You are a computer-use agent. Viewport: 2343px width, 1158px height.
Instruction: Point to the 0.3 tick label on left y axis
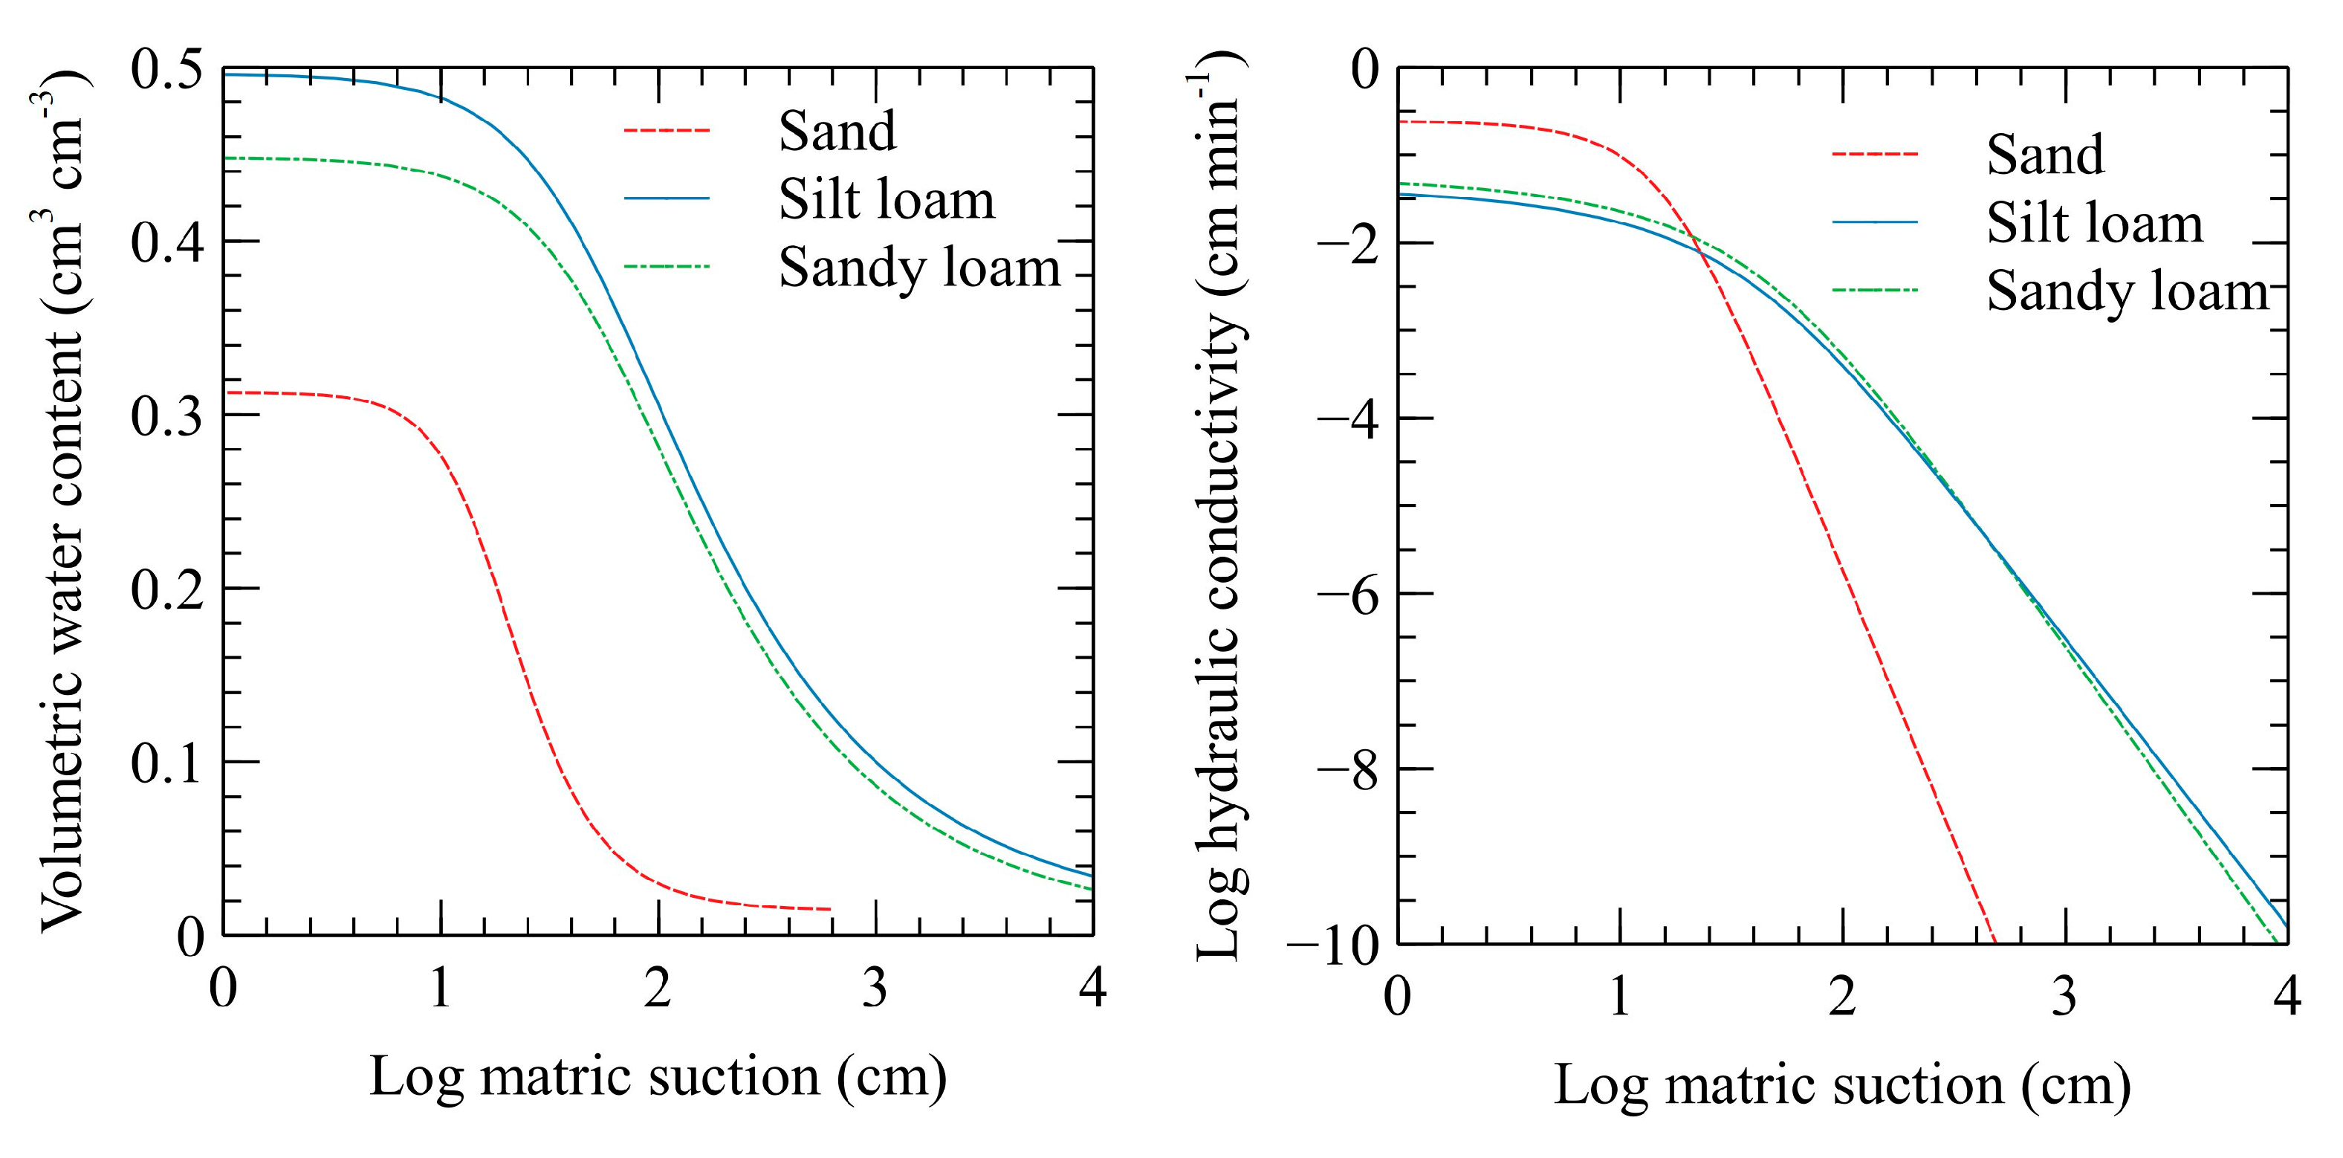[x=166, y=417]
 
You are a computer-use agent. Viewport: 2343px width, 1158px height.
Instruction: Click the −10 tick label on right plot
[x=1332, y=946]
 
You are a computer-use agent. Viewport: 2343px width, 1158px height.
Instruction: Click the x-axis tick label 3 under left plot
[x=874, y=987]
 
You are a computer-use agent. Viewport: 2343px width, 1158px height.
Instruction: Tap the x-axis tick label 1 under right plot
[x=1619, y=996]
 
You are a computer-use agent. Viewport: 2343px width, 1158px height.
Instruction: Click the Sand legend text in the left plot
[x=837, y=131]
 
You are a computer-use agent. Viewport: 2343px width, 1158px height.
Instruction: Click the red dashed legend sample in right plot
[x=1875, y=155]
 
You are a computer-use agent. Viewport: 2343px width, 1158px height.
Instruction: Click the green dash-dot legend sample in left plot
[x=666, y=268]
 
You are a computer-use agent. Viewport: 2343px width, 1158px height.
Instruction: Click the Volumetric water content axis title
[x=62, y=500]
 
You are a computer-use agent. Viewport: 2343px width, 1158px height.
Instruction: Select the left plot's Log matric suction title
[x=658, y=1077]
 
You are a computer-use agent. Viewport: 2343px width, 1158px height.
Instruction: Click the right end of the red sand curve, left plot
[x=829, y=909]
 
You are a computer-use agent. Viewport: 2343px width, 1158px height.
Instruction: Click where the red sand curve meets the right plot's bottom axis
[x=1994, y=942]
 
